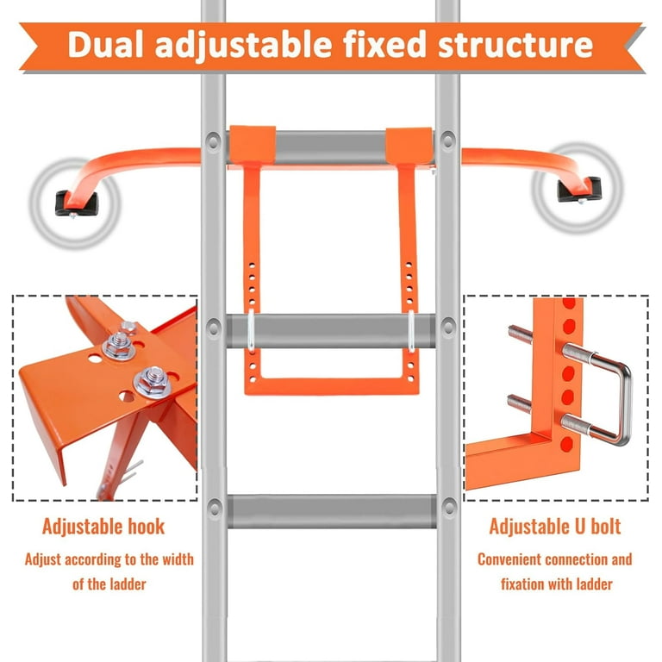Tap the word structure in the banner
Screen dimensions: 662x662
point(515,44)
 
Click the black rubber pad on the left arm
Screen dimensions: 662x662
point(77,203)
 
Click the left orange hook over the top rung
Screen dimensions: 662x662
point(252,145)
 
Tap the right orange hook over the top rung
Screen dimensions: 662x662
point(409,146)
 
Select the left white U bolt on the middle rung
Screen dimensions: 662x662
point(251,331)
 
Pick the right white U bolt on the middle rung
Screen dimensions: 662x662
point(411,331)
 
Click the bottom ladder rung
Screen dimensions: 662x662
point(332,511)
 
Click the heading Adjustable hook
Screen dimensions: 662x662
point(103,527)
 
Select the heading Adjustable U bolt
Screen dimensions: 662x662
point(555,527)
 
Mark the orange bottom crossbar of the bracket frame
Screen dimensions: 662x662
point(332,385)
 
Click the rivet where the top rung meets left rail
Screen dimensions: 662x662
point(213,141)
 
